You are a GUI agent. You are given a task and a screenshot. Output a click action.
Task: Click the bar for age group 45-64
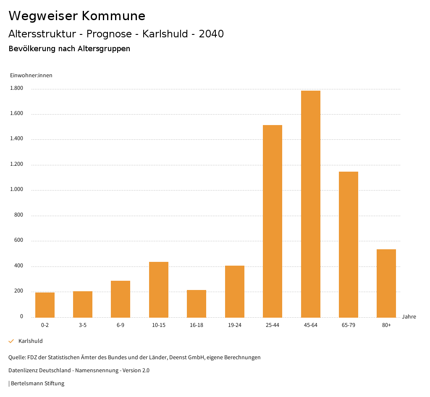310,204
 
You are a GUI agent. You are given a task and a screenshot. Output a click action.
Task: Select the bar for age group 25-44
273,221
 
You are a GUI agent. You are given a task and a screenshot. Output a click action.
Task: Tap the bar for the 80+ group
386,283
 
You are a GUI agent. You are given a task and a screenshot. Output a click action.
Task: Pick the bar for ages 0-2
45,305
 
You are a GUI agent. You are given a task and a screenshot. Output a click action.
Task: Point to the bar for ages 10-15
159,290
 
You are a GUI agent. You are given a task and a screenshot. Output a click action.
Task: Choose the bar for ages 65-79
349,244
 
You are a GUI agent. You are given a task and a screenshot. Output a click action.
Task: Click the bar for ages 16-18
197,303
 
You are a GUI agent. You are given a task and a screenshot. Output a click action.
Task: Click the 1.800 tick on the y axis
17,89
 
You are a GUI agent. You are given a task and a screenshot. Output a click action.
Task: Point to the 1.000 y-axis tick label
17,190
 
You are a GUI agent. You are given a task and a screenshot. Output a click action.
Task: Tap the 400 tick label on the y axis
19,266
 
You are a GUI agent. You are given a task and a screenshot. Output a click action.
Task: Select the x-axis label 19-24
235,325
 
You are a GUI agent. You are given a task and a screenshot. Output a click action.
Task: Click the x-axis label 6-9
121,325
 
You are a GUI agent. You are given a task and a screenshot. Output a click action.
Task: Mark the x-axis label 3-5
83,325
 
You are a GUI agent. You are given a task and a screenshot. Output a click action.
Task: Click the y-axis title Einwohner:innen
31,76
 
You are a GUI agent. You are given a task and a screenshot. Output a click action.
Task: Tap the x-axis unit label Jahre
409,317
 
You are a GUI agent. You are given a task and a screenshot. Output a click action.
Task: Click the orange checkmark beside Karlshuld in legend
11,341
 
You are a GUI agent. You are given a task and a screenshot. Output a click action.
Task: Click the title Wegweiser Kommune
77,16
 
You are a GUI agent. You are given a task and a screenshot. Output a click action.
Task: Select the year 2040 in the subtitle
211,34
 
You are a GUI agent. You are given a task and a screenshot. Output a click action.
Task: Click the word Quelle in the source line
16,358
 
